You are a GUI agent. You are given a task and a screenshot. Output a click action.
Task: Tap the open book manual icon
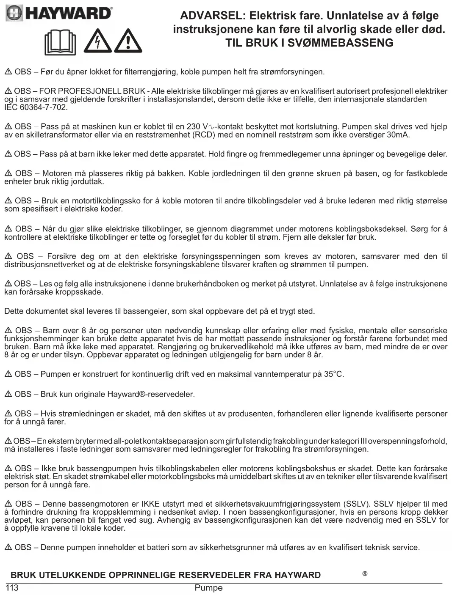tap(60, 42)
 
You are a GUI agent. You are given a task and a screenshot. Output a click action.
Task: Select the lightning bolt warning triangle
tap(97, 41)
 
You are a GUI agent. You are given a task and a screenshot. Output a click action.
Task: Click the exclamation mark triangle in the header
tap(128, 41)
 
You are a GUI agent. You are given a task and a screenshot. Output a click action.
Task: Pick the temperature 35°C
tap(334, 374)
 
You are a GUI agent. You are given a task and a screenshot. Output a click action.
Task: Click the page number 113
tap(11, 587)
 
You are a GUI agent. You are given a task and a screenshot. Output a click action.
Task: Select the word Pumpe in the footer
tap(208, 588)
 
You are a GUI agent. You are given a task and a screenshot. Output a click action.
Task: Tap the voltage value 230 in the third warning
tap(194, 127)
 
